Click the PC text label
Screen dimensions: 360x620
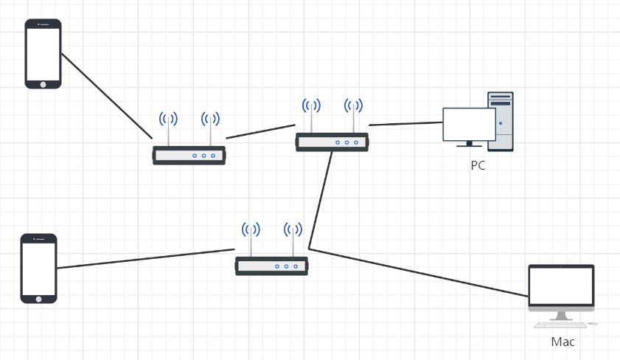click(x=478, y=165)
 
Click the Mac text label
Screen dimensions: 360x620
click(x=562, y=342)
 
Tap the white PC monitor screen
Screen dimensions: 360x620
click(x=469, y=124)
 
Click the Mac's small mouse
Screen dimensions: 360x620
click(x=593, y=323)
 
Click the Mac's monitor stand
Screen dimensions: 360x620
click(x=562, y=314)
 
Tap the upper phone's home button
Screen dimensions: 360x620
click(x=43, y=83)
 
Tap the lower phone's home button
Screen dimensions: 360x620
click(x=38, y=297)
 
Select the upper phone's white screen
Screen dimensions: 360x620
click(x=43, y=52)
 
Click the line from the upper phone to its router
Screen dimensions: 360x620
click(x=106, y=95)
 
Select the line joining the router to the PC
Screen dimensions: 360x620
click(x=405, y=122)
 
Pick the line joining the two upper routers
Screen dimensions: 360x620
click(x=260, y=132)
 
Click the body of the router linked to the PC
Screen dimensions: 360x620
click(x=332, y=142)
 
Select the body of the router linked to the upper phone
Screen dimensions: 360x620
click(x=189, y=155)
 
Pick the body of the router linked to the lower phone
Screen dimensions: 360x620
click(x=271, y=266)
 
